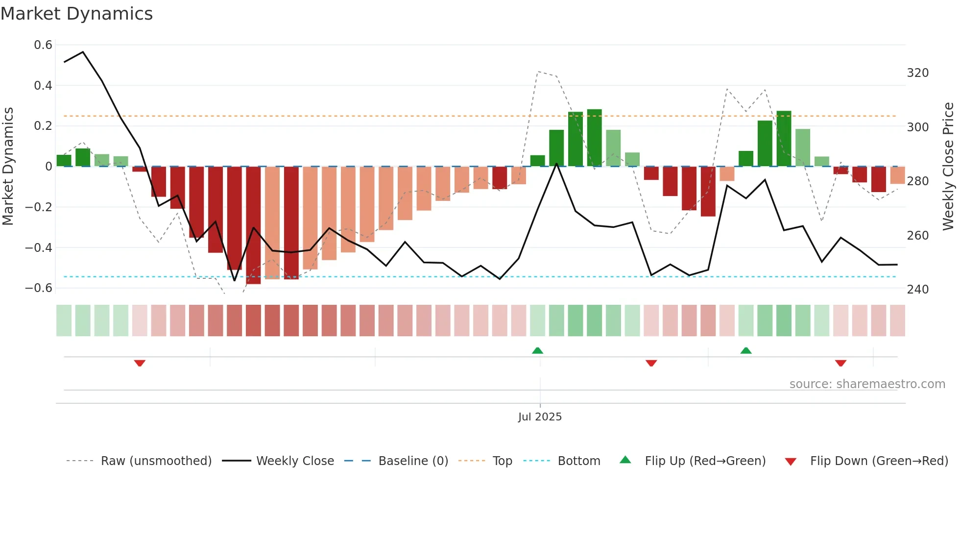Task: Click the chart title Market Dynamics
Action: pos(76,14)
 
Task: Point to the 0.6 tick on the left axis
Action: pos(43,45)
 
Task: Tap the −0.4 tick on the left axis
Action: pos(39,247)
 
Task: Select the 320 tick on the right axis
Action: pos(917,73)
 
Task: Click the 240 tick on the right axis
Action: pos(917,290)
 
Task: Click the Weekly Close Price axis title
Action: pos(948,167)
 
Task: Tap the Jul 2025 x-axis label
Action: pos(540,417)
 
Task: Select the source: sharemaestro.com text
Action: pos(867,384)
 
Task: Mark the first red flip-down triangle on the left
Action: pos(140,363)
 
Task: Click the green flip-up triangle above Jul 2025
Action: pos(537,350)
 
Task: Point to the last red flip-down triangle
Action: pos(840,363)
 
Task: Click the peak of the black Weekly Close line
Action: pos(83,52)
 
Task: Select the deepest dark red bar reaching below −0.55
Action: pos(253,225)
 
